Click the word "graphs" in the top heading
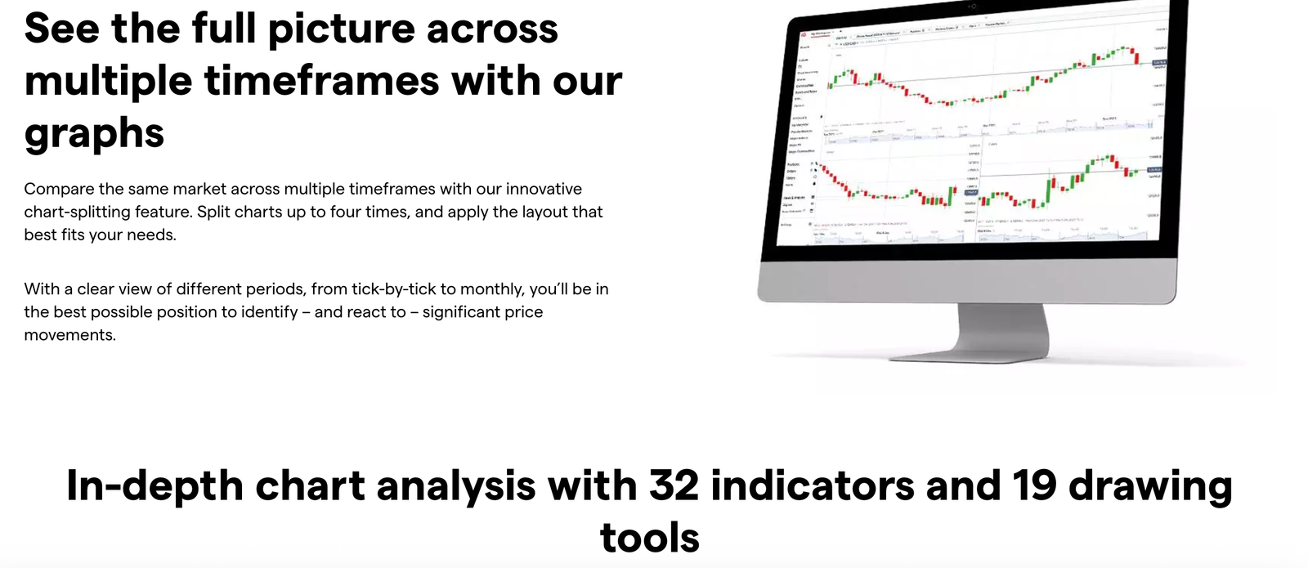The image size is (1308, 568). tap(94, 132)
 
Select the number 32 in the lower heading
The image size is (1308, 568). tap(674, 485)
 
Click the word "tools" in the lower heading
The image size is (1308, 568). tap(650, 538)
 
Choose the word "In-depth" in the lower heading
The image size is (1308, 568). tap(155, 485)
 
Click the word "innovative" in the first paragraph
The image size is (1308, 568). tap(544, 189)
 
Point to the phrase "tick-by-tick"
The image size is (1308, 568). tap(393, 288)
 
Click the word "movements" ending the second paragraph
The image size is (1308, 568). tap(68, 334)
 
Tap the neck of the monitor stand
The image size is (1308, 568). tap(1002, 327)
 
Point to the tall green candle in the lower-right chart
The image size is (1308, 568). tap(1050, 189)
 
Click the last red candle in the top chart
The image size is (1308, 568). tap(1136, 56)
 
